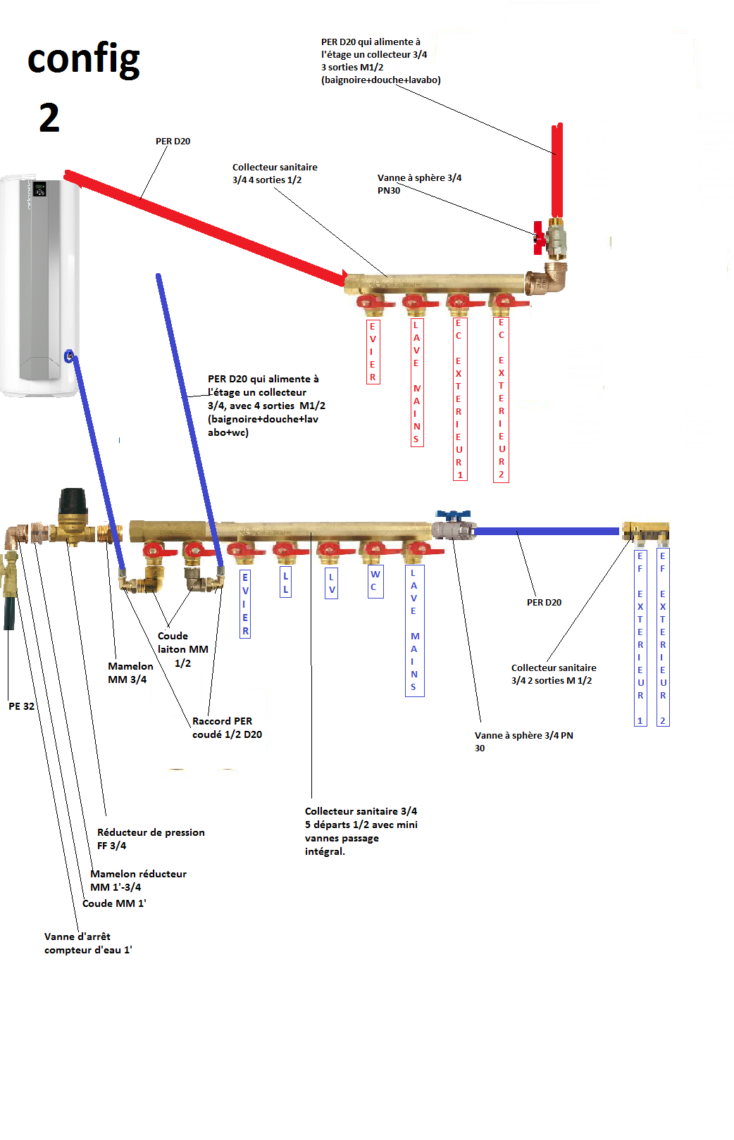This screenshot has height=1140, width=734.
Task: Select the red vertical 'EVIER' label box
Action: click(x=373, y=351)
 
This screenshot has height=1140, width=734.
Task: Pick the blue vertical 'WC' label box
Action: click(x=375, y=581)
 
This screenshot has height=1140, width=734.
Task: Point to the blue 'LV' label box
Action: click(x=332, y=583)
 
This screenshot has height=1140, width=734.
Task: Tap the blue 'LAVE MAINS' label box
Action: click(x=414, y=630)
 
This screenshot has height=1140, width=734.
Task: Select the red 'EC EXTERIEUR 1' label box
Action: click(x=459, y=399)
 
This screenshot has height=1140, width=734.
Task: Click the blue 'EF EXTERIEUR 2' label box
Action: click(x=662, y=637)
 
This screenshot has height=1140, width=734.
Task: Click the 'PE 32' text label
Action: click(x=21, y=706)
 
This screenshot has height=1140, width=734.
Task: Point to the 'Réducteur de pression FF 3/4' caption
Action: click(x=151, y=839)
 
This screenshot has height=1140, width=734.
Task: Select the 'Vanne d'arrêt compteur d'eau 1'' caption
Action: click(x=88, y=943)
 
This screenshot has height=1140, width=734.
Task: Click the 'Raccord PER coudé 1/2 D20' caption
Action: click(x=227, y=727)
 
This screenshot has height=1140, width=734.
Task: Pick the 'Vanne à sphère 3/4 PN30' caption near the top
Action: click(x=419, y=184)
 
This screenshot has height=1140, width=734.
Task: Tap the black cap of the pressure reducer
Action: click(x=73, y=501)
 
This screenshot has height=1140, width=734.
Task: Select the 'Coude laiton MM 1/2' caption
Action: click(x=182, y=649)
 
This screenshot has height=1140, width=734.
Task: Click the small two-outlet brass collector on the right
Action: click(x=646, y=532)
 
